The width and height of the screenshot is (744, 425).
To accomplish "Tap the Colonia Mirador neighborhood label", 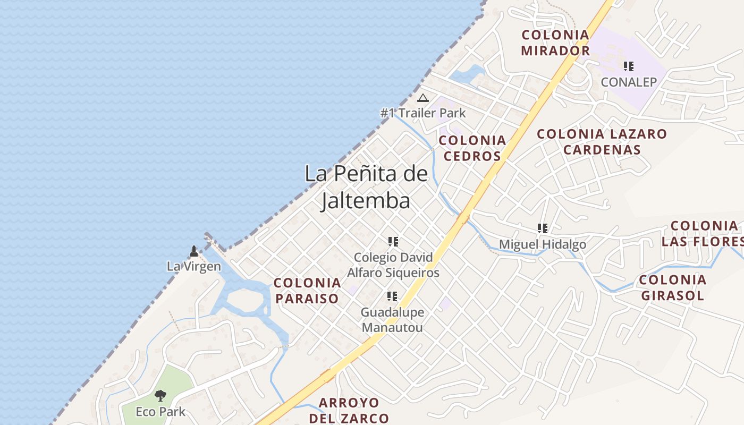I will pos(555,43).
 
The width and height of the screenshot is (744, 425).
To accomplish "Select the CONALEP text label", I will pos(629,82).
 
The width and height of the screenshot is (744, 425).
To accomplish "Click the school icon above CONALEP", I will pos(629,66).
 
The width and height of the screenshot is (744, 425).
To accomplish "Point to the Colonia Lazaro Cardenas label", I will pos(602,142).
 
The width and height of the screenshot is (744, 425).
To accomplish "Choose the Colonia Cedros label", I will pos(472,148).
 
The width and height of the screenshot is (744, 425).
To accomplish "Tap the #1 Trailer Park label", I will pos(423,113).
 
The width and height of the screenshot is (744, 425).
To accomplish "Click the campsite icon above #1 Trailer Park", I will pos(423,98).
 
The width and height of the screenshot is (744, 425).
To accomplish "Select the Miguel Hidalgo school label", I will pos(543,244).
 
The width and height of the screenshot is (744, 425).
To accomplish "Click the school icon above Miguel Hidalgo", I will pos(543,228).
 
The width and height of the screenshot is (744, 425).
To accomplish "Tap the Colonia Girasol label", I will pos(673,287).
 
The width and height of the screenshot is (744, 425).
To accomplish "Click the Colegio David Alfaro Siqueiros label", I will pos(393,265).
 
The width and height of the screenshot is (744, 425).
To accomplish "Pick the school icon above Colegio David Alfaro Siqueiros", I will pos(393,242).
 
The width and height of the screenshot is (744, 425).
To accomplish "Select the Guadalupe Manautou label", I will pos(392,319).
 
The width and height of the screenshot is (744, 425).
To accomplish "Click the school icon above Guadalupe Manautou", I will pos(392,296).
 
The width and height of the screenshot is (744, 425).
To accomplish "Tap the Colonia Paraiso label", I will pos(307,290).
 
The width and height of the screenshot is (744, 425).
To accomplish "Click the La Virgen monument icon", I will pos(194,251).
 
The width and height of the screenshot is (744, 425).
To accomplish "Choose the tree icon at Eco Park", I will pos(160,396).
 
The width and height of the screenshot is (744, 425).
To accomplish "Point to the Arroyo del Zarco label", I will pos(349,410).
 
